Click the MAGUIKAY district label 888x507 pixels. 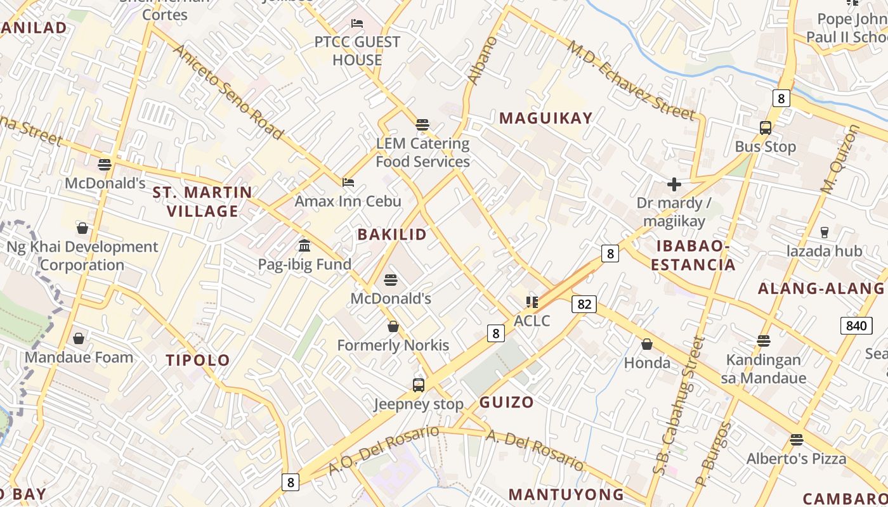pos(545,118)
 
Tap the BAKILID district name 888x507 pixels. pos(392,234)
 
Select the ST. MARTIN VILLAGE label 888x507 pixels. pos(202,202)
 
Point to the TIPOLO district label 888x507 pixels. pos(198,361)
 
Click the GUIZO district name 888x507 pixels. pos(506,402)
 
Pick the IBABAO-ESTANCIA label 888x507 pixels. pos(693,255)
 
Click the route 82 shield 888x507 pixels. pos(584,304)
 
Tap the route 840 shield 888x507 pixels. pos(856,326)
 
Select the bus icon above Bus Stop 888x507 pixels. pos(766,128)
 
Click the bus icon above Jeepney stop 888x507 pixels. pos(419,385)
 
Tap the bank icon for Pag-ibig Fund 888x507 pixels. pos(304,245)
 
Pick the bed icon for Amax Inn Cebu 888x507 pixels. pos(348,183)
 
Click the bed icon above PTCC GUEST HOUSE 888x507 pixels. pos(357,23)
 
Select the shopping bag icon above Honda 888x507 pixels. pos(647,344)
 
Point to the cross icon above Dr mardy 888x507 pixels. pos(674,184)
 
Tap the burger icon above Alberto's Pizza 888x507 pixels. pos(797,440)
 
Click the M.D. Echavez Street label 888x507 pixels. pos(631,80)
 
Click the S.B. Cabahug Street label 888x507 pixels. pos(679,406)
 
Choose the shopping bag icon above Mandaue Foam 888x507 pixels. pos(79,339)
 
